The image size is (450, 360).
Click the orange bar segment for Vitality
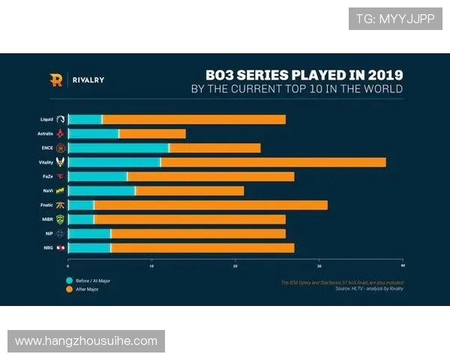(273, 162)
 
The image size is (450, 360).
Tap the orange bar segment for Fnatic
(211, 205)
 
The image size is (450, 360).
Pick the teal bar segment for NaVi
(101, 190)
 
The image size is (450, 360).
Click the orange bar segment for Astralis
(152, 133)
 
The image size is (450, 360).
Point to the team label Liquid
(46, 119)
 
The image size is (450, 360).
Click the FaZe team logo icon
(61, 176)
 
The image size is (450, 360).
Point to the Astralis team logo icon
(61, 133)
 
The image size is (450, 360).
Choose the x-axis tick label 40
(403, 266)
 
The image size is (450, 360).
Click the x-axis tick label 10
(151, 266)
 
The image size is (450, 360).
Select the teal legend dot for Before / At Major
(69, 280)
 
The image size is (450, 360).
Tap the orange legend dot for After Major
(69, 289)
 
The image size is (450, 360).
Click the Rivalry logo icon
(56, 79)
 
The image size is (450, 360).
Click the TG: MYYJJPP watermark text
(395, 19)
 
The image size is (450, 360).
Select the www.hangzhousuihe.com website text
(86, 341)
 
